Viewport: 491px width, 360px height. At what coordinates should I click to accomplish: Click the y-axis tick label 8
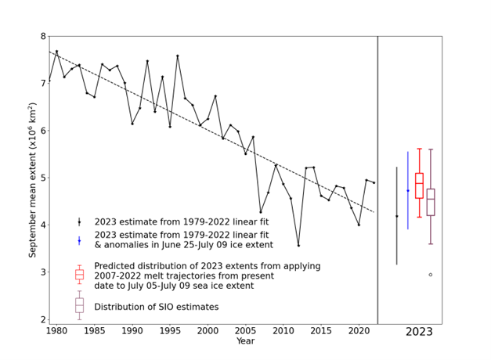pyautogui.click(x=42, y=36)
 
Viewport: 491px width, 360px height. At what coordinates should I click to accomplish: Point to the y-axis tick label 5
pyautogui.click(x=42, y=178)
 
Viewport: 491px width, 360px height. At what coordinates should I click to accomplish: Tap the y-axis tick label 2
pyautogui.click(x=42, y=319)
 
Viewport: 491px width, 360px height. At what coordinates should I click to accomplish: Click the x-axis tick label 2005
pyautogui.click(x=246, y=331)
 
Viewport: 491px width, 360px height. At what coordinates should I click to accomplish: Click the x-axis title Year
pyautogui.click(x=246, y=341)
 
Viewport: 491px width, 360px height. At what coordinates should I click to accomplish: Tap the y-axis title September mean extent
pyautogui.click(x=32, y=178)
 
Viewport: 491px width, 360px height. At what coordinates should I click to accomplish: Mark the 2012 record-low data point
pyautogui.click(x=298, y=245)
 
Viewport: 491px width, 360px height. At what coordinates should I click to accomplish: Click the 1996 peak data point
pyautogui.click(x=178, y=56)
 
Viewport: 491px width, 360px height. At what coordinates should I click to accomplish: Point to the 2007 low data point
pyautogui.click(x=261, y=212)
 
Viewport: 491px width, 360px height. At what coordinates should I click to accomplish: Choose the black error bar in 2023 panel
pyautogui.click(x=396, y=215)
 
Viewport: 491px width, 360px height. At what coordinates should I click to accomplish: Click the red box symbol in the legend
pyautogui.click(x=79, y=274)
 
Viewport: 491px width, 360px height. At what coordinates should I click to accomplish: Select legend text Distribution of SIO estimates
pyautogui.click(x=157, y=307)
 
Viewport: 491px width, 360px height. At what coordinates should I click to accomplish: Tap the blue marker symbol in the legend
pyautogui.click(x=79, y=240)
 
